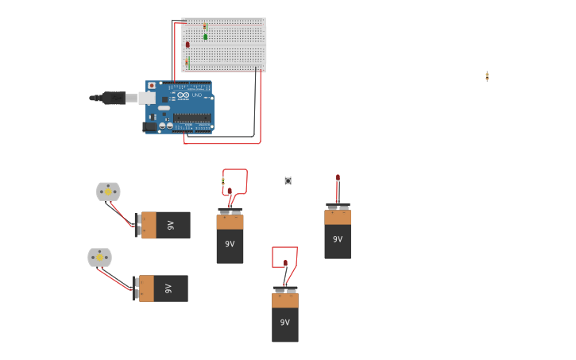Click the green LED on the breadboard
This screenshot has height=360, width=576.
coord(205,37)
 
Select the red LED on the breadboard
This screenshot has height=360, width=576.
coord(187,45)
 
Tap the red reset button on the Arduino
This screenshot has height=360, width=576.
coord(152,85)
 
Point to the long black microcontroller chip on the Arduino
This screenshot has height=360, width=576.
coord(192,118)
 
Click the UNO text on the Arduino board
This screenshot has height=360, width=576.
coord(196,96)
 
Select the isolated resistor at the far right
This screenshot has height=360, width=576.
coord(487,76)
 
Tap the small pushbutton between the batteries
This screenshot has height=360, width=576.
coord(288,180)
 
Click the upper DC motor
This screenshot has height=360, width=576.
coord(108,192)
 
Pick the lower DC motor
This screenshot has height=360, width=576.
coord(99,257)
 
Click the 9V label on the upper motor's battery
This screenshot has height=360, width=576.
coord(171,226)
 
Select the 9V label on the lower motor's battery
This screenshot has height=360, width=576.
coord(168,288)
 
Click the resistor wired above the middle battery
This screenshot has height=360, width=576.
coord(223,182)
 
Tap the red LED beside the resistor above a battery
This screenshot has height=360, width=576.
coord(230,192)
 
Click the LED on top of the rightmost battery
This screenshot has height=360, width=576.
coord(338,179)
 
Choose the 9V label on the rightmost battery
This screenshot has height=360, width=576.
coord(338,239)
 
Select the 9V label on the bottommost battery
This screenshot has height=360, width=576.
coord(285,323)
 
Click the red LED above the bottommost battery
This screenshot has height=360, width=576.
coord(285,263)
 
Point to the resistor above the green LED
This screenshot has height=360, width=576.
coord(205,26)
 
